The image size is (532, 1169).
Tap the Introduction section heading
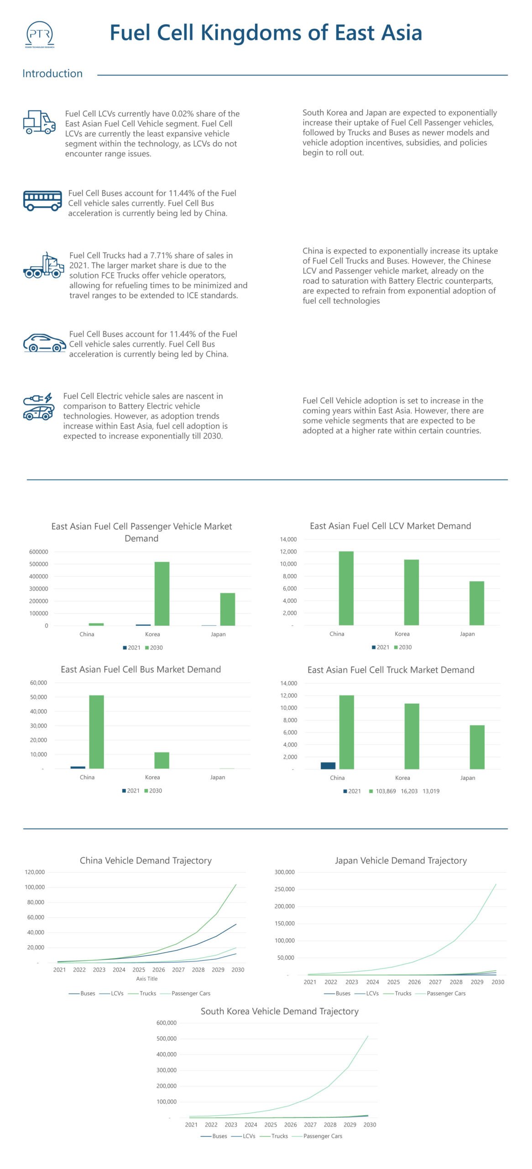(x=52, y=74)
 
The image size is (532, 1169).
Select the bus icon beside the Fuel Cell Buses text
(x=42, y=200)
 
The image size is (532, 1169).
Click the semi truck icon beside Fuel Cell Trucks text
(x=43, y=265)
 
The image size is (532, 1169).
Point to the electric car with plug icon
(x=38, y=407)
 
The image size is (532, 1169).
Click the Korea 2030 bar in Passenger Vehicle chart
(x=162, y=594)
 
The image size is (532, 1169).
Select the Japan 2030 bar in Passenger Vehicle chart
(x=228, y=609)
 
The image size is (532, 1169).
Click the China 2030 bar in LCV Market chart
(x=346, y=588)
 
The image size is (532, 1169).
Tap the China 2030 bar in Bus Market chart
(x=96, y=732)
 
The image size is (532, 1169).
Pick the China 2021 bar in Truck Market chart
(x=328, y=765)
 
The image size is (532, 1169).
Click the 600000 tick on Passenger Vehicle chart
(x=39, y=552)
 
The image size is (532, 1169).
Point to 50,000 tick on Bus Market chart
(x=39, y=697)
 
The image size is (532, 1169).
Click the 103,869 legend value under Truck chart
(x=386, y=791)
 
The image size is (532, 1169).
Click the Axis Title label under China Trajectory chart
(x=146, y=979)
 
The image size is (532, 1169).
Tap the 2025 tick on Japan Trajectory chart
(x=393, y=982)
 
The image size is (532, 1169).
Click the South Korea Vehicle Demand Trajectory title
(x=279, y=1011)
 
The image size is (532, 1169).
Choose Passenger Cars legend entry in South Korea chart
(x=322, y=1136)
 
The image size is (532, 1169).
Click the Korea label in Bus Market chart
(x=152, y=777)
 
